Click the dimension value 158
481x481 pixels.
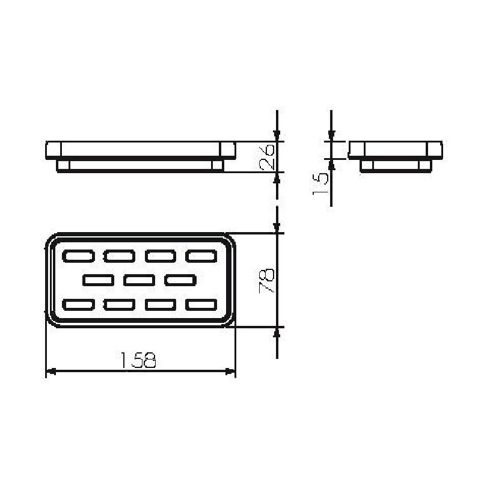click(138, 360)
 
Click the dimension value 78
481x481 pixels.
click(266, 281)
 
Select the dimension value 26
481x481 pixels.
click(266, 158)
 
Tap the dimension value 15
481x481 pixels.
click(320, 183)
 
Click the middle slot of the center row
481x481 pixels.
click(139, 280)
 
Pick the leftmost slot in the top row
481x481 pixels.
click(78, 256)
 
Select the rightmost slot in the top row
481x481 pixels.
click(201, 256)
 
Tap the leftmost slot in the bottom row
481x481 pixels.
click(78, 305)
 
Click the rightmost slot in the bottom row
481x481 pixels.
click(201, 305)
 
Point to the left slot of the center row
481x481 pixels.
click(98, 280)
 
